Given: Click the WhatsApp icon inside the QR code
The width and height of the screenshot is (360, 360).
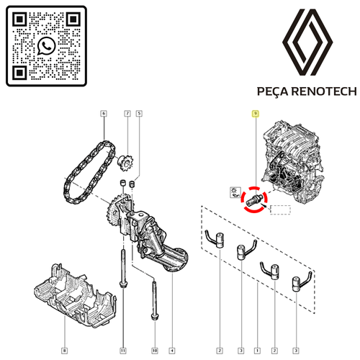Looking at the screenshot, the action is point(47,46).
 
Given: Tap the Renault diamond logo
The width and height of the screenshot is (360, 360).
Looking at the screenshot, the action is point(307,42).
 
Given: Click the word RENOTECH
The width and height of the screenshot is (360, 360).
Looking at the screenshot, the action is point(324,91).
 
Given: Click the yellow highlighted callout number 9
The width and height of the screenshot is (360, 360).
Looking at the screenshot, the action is point(256,113).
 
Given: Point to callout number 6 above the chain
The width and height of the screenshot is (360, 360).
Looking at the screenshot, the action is point(104,113).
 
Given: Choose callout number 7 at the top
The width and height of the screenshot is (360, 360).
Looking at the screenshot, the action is point(127,113).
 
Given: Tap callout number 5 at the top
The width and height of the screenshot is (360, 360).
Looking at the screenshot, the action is point(139,113).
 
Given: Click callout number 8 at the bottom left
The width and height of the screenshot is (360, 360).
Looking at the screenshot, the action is point(64,351).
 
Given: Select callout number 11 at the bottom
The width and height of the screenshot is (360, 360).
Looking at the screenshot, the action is point(123,351).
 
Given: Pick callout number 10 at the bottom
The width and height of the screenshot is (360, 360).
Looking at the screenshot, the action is point(155,351).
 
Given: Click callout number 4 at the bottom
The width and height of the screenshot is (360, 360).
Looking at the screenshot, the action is point(172,351).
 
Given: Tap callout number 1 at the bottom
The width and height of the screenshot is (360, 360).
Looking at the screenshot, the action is point(257,351).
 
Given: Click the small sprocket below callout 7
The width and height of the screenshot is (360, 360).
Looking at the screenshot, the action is point(125,163).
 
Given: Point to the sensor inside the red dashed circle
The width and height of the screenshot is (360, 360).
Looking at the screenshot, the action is point(254,199).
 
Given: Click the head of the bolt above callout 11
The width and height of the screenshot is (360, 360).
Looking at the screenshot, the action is point(123,284).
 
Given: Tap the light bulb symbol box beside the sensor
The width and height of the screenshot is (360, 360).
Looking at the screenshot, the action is point(235,192).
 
